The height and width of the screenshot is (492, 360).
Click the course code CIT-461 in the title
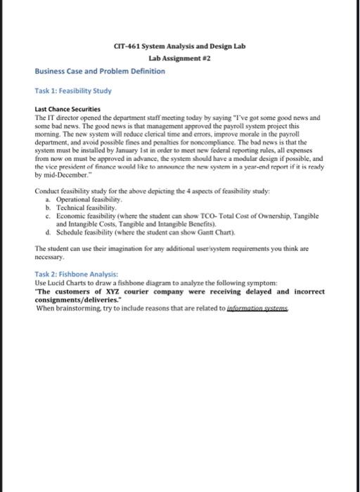[x=127, y=46]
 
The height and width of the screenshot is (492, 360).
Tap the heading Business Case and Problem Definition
[x=100, y=72]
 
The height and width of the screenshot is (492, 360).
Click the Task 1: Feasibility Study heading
[x=72, y=91]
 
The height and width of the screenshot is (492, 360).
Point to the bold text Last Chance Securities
[x=67, y=110]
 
